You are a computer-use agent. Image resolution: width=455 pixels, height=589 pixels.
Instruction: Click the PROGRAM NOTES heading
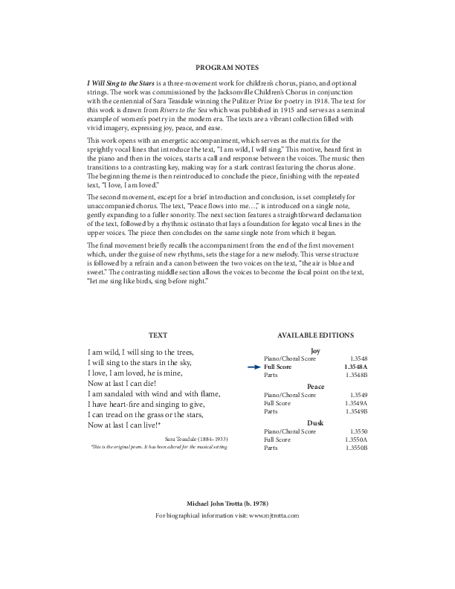click(227, 67)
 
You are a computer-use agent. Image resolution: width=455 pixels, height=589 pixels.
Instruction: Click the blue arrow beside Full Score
click(254, 367)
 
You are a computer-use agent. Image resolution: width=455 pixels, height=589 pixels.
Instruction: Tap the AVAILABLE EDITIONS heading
click(315, 335)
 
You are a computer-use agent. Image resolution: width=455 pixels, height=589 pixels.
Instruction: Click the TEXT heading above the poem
click(158, 335)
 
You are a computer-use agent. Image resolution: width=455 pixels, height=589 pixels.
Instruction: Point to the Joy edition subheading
click(314, 350)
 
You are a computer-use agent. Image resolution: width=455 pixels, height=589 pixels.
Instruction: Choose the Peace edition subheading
click(315, 387)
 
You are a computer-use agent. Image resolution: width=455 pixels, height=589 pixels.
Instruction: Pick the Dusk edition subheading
click(315, 422)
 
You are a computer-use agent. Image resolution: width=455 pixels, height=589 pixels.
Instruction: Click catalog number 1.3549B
click(356, 411)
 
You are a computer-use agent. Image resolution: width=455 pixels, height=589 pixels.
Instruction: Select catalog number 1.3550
click(358, 431)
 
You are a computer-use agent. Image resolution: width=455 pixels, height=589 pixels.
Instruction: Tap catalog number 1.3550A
click(356, 440)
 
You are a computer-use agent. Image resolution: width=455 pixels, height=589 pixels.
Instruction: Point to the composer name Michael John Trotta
click(227, 504)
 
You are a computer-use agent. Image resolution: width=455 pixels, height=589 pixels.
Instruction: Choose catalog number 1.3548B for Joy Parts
click(356, 375)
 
